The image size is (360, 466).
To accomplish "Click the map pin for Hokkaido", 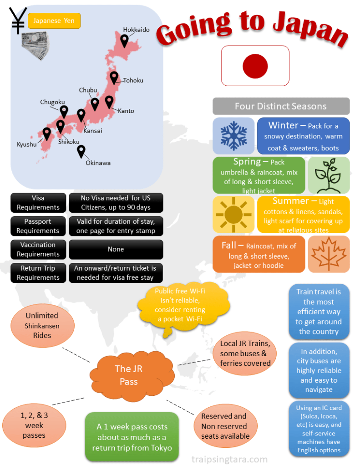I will point(124,41).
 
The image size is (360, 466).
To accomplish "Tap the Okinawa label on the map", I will point(98,163).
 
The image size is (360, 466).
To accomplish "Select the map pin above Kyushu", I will point(46,133).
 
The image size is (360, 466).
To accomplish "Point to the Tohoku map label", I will point(133,81).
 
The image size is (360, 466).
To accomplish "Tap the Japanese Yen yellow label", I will point(54,21).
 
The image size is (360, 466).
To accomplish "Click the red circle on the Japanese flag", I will point(255,66).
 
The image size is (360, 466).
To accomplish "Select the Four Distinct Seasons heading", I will point(281,106).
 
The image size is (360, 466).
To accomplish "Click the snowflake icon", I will point(233,136).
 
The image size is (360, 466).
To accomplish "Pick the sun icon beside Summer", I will point(233,214).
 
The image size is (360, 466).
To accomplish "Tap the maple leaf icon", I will point(329,254).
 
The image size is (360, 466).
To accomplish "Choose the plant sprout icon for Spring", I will point(329,175).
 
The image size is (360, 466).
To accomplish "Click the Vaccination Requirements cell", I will point(38,249).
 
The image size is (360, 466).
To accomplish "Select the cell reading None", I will point(116,249).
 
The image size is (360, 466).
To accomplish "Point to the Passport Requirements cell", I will point(38,226).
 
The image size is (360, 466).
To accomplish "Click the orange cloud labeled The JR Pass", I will point(129,375).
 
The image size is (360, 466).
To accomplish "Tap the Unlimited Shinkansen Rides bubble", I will point(42,325).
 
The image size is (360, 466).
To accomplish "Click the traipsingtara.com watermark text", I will point(229,459).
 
